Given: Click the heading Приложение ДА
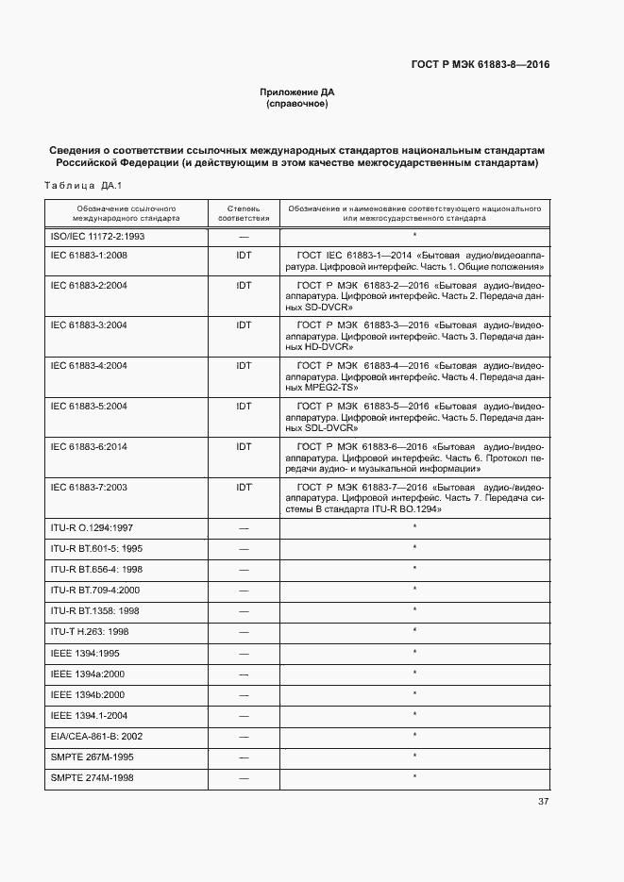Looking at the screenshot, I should tap(297, 92).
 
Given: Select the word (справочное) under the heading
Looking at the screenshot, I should tap(297, 105).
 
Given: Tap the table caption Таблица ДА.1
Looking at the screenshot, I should tap(84, 185).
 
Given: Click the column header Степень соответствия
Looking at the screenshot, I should tap(244, 212).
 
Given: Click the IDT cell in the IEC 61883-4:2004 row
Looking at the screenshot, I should tap(244, 365).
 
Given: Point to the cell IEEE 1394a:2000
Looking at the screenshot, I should tap(87, 674).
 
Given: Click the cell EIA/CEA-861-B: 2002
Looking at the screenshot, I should tap(96, 736).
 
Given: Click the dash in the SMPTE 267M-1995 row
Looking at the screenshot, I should tap(244, 757).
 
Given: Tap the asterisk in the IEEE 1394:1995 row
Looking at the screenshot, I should tap(414, 652).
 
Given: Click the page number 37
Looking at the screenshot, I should tap(543, 802).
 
